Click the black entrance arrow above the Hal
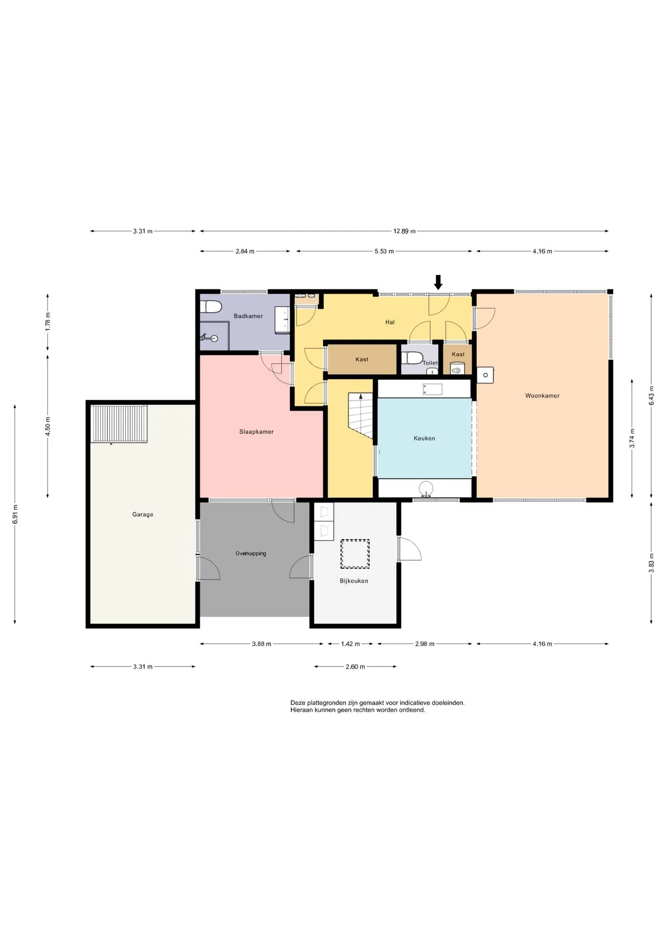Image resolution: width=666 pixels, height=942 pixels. pyautogui.click(x=438, y=282)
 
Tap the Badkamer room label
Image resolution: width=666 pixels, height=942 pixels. pyautogui.click(x=248, y=316)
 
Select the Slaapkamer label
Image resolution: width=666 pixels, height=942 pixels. pyautogui.click(x=256, y=432)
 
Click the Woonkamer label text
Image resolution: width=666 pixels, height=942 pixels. pyautogui.click(x=542, y=395)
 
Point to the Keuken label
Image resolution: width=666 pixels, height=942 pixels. pyautogui.click(x=424, y=438)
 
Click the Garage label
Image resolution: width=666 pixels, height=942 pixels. pyautogui.click(x=143, y=514)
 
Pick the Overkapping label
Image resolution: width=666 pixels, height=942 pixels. pyautogui.click(x=251, y=553)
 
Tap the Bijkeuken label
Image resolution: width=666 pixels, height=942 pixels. pyautogui.click(x=354, y=581)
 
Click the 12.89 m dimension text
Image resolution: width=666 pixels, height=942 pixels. pyautogui.click(x=404, y=231)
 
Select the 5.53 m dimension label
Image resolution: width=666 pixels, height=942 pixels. pyautogui.click(x=384, y=251)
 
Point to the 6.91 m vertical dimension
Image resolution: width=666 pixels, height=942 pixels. pyautogui.click(x=15, y=514)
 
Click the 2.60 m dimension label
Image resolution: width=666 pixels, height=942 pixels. pyautogui.click(x=355, y=667)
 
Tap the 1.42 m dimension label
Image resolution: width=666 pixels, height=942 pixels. pyautogui.click(x=350, y=644)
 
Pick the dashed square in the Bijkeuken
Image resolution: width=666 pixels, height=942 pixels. pyautogui.click(x=355, y=554)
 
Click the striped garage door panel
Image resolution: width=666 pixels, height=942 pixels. pyautogui.click(x=119, y=423)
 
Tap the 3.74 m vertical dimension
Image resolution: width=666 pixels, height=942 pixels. pyautogui.click(x=632, y=438)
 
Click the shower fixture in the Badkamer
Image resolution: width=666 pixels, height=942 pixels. pyautogui.click(x=208, y=338)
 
